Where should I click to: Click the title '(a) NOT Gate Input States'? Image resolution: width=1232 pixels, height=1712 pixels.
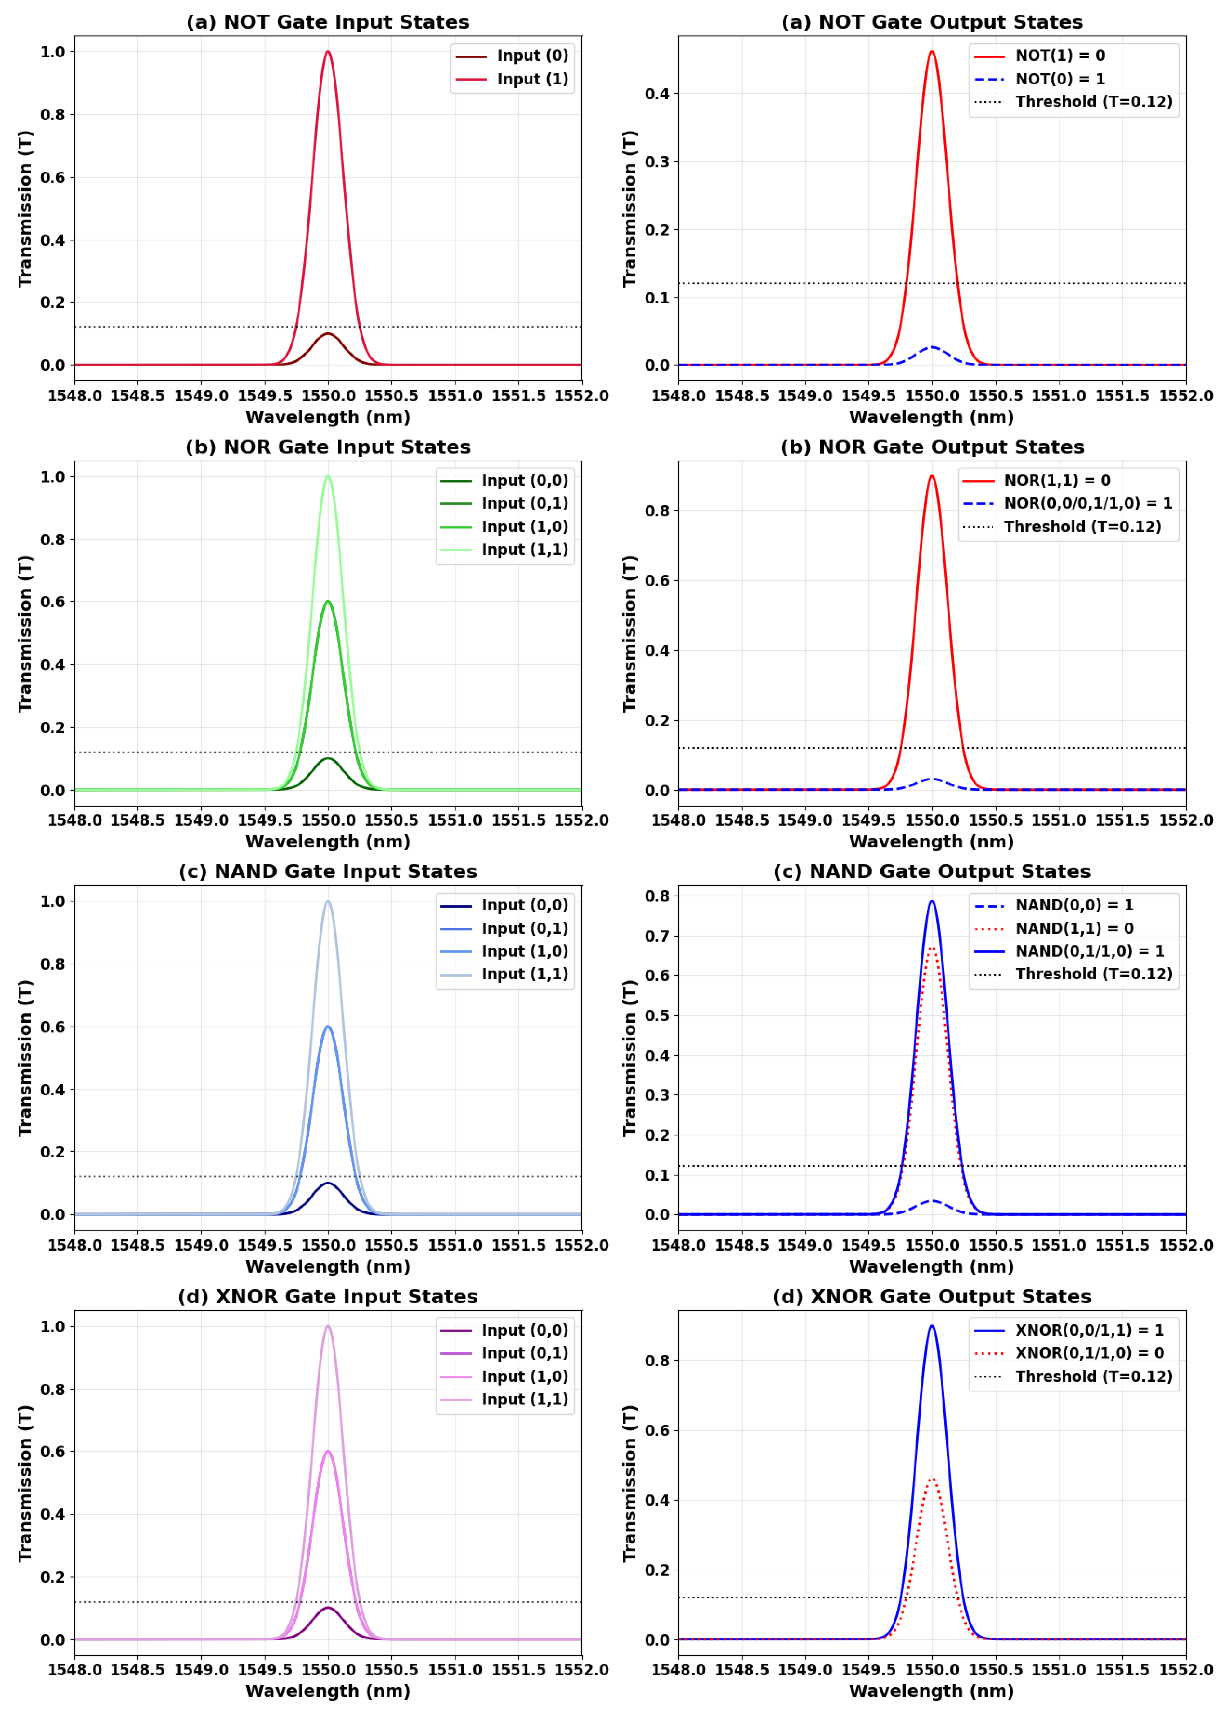tap(328, 22)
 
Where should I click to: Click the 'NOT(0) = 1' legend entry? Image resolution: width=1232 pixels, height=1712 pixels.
tap(1059, 79)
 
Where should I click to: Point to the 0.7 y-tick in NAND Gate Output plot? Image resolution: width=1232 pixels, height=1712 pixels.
tap(657, 936)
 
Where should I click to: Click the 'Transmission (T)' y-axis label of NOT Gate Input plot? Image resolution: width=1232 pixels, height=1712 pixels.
tap(26, 208)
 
